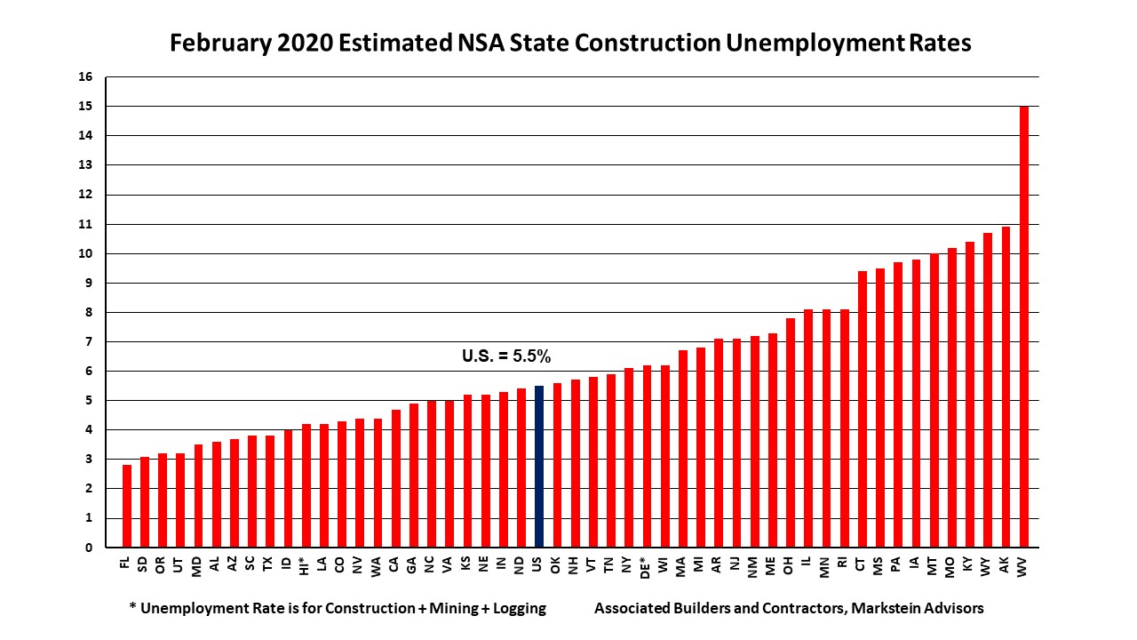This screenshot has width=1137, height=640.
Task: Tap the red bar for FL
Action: (127, 507)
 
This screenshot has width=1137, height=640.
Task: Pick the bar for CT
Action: (862, 409)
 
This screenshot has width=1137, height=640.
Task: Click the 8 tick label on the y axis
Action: (89, 313)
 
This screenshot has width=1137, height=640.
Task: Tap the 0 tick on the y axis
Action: (89, 548)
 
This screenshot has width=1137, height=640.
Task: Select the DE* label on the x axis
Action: (647, 567)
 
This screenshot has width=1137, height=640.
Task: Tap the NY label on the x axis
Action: (629, 564)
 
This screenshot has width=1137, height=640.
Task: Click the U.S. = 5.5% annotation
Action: (506, 356)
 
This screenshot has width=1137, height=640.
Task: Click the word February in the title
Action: (214, 44)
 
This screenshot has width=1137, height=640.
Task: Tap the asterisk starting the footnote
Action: (132, 608)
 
